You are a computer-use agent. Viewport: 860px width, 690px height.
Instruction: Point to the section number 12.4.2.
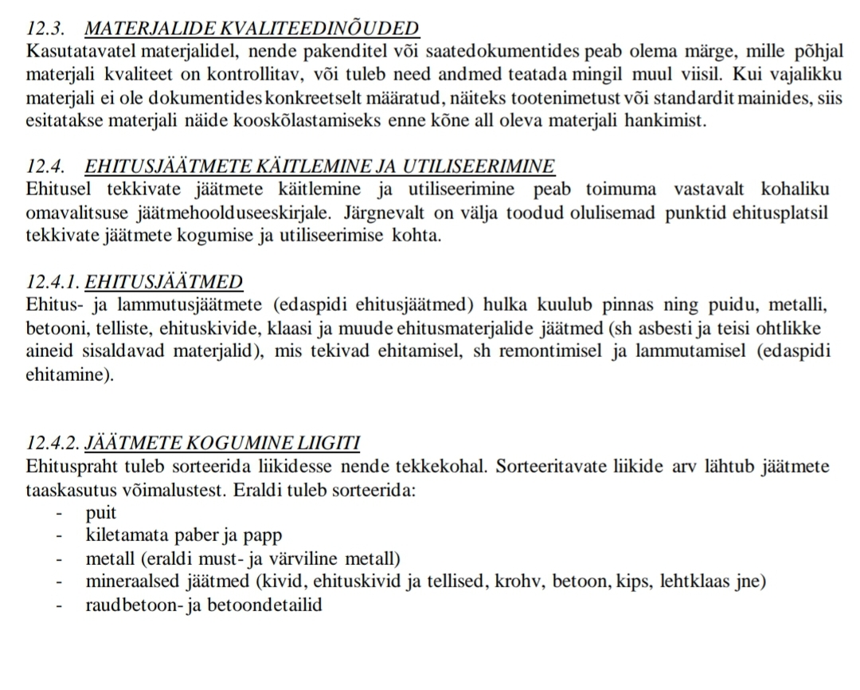tap(51, 443)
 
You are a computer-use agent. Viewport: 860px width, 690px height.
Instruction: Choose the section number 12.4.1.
tap(51, 282)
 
